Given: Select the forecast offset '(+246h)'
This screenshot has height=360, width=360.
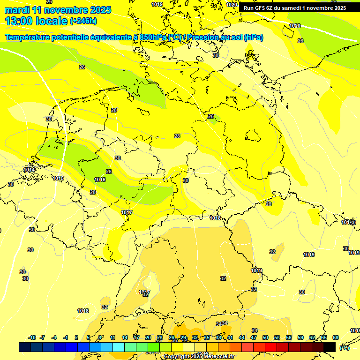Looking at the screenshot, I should pos(83,21).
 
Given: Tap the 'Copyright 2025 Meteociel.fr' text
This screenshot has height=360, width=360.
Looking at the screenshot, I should pos(199,357).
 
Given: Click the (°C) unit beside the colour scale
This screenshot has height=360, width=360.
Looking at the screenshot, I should pos(344,348).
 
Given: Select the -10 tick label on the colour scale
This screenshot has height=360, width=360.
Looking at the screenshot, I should pos(32,337).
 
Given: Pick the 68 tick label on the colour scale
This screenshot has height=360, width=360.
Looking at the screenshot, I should pos(336,337).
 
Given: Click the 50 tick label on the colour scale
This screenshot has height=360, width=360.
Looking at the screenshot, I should pos(265,337).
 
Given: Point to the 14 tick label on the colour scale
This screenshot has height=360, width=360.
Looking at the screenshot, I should pos(125,337).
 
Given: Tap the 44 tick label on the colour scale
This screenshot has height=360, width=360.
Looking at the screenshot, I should pos(242,337).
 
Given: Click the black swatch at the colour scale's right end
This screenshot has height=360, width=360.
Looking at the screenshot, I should pos(330,347).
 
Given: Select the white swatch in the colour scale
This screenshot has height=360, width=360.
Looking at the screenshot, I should pos(189,347).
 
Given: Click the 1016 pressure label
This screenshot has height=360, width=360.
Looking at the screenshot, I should pos(99,180).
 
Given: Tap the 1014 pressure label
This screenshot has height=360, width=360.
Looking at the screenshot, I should pos(29,170).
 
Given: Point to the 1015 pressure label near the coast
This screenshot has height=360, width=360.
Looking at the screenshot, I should pos(58,178).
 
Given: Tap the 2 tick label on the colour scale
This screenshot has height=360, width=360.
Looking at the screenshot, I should pos(76,337).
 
